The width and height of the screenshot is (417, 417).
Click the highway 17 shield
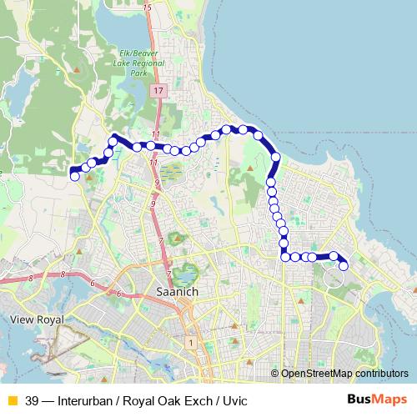(158, 89)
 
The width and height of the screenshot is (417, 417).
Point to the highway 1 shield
(191, 343)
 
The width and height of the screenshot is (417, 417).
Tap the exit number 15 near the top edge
(148, 8)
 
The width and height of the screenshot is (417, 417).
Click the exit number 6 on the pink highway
(119, 294)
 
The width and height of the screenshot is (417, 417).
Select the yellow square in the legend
(12, 399)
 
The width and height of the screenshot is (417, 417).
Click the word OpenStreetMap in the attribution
(316, 373)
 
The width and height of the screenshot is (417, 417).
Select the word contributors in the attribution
(382, 373)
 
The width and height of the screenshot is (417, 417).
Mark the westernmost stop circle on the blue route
(75, 176)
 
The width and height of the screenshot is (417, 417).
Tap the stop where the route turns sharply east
(285, 257)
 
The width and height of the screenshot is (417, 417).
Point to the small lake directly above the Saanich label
(187, 272)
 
